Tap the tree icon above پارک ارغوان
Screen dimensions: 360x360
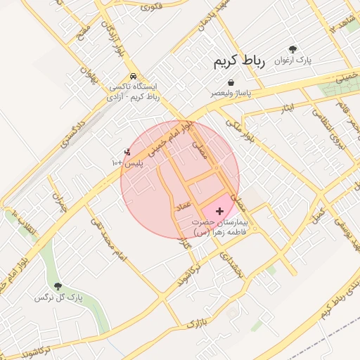[292, 49]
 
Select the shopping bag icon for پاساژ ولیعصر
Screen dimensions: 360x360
[231, 82]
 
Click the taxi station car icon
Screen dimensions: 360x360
[134, 77]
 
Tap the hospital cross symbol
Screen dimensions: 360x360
[220, 210]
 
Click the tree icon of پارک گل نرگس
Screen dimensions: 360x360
[58, 286]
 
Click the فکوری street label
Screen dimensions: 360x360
[152, 7]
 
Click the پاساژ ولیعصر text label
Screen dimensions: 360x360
[230, 93]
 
